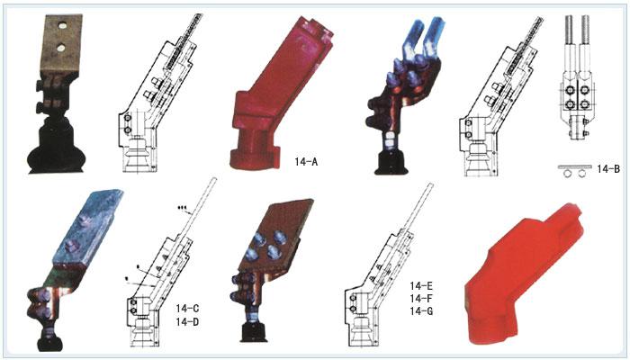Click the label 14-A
tap(306, 162)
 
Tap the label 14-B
tap(608, 169)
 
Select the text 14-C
tap(187, 309)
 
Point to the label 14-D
tap(187, 322)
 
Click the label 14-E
tap(421, 286)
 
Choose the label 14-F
tap(421, 299)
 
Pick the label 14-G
tap(421, 311)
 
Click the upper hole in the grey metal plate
tap(62, 26)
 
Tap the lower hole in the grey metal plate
tap(60, 49)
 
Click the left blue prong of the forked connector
tap(414, 40)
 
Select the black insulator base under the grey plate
tap(56, 145)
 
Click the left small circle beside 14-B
tap(568, 174)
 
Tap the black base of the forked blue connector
tap(391, 164)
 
